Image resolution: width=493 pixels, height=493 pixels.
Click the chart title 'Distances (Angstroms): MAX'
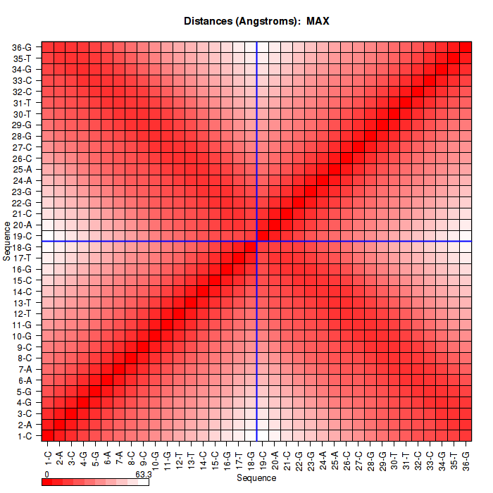[x=256, y=21]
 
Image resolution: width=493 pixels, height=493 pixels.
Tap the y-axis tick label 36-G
[x=22, y=47]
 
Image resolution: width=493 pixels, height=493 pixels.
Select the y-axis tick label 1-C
[x=23, y=436]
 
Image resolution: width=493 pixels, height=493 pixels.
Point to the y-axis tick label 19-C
[x=22, y=236]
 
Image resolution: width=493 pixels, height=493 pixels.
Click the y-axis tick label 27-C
[x=22, y=147]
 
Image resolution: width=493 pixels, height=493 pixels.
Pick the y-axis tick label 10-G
[x=22, y=336]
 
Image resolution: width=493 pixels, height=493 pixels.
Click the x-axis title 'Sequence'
[x=256, y=478]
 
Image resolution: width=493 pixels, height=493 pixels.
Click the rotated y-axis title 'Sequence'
[x=6, y=241]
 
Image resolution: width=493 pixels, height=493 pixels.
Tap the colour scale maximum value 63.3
[x=144, y=475]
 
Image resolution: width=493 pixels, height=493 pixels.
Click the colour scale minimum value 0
[x=46, y=475]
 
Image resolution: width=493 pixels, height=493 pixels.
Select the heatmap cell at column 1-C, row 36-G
[x=47, y=47]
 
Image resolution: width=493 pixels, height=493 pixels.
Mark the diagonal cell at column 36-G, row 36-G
[x=466, y=47]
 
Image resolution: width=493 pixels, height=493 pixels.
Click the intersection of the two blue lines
[x=256, y=242]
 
